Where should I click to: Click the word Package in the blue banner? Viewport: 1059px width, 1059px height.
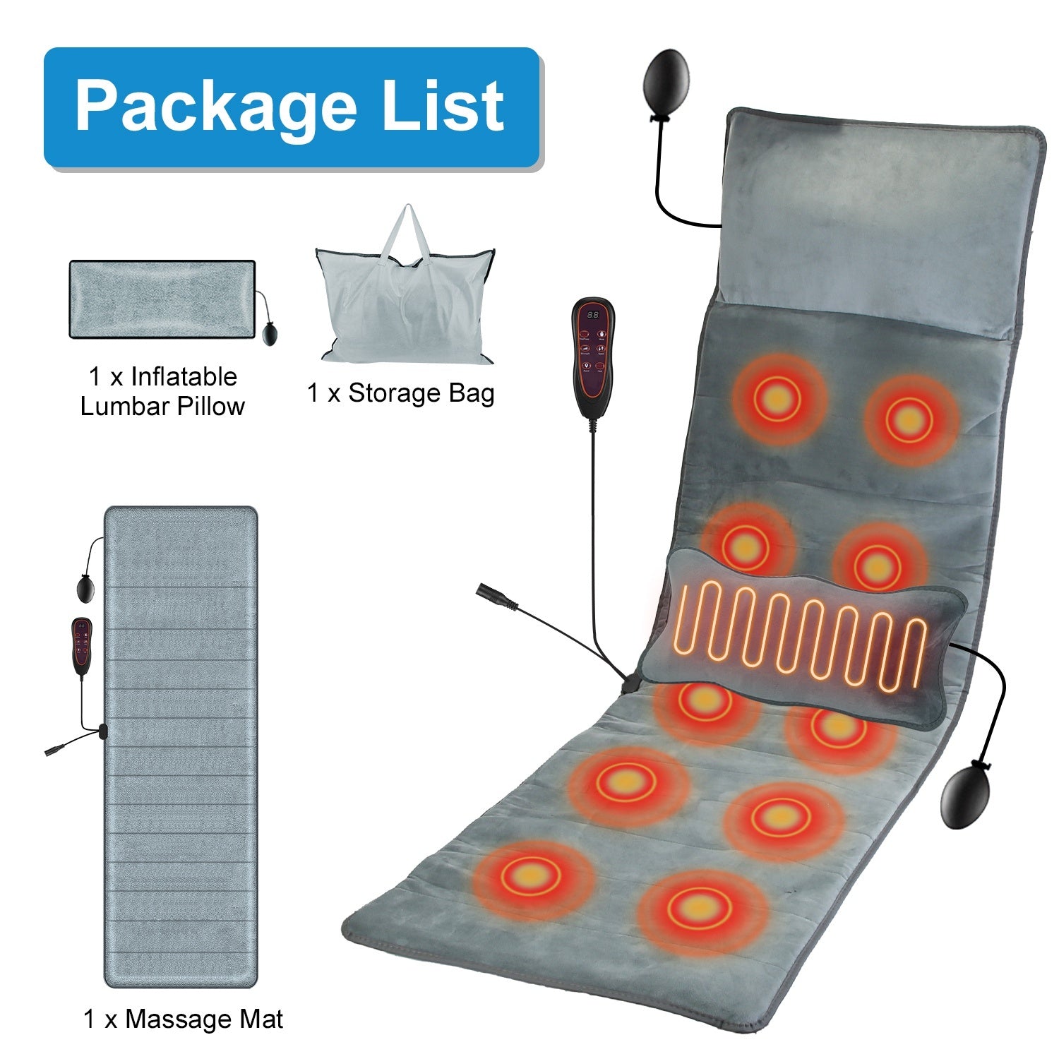215,107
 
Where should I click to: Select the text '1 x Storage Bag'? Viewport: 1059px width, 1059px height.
400,393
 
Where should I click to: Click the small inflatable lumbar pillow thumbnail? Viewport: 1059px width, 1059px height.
162,299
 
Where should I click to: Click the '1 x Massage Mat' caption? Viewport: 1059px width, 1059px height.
184,1019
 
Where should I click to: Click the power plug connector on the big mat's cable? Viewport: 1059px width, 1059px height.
494,594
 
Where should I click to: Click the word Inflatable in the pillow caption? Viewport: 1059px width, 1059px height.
184,377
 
